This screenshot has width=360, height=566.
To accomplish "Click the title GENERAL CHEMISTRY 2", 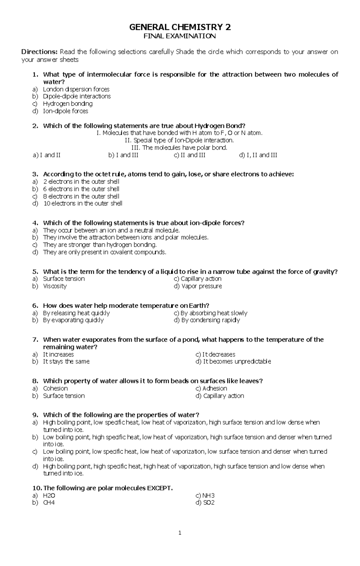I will [x=180, y=28].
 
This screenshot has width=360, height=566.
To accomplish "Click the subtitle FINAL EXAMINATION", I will [x=180, y=36].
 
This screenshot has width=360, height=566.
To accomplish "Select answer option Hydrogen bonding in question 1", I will [x=67, y=104].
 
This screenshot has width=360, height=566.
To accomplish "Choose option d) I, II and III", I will [x=258, y=155].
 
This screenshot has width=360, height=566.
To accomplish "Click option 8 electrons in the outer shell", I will [x=81, y=197].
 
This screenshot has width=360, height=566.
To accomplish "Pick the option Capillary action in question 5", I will [x=201, y=279].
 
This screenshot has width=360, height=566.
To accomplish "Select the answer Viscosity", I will [x=55, y=286].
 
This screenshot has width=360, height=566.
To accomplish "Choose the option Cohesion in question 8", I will [x=55, y=388].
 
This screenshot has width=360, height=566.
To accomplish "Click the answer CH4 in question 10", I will [x=49, y=503].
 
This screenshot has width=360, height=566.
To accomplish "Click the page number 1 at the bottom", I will [x=180, y=533].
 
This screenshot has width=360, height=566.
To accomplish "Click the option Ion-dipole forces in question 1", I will [x=65, y=111].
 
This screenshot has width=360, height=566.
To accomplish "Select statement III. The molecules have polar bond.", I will [x=179, y=148].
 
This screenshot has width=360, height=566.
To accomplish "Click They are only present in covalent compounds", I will [x=104, y=252].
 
